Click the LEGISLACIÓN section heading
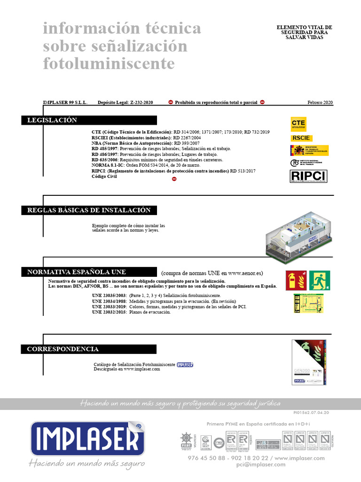click(52, 120)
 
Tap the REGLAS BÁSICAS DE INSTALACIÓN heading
click(89, 210)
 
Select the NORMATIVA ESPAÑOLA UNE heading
click(77, 272)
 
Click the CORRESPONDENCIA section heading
click(63, 349)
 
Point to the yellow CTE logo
click(298, 123)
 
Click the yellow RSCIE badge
click(301, 138)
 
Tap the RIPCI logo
click(308, 176)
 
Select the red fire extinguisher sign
click(296, 280)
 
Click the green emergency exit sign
click(319, 280)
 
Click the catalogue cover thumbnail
click(309, 362)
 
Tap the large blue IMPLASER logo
click(87, 439)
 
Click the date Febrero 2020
click(320, 102)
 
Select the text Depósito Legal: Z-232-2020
click(126, 102)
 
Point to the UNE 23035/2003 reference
click(109, 295)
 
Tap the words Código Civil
click(104, 177)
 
